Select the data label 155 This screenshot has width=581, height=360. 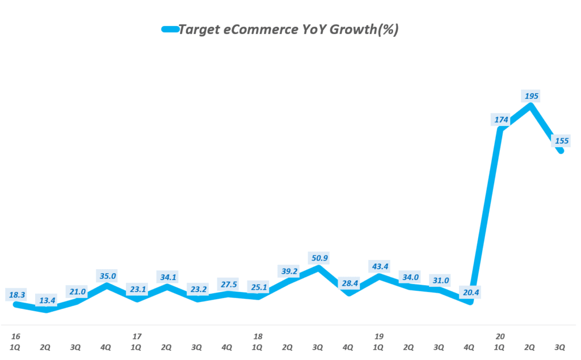coord(562,141)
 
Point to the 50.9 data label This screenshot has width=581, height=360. coord(318,258)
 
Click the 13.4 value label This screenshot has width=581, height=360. coord(46,300)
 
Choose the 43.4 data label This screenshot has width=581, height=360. coord(379,266)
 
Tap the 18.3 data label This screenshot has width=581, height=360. coord(16,295)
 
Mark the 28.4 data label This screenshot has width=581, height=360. coord(349,283)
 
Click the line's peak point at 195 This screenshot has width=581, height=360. coord(531,105)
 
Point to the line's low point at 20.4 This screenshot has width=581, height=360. coord(470,303)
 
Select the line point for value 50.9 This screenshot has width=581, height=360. coord(318,267)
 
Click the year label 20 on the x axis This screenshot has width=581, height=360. coord(500,336)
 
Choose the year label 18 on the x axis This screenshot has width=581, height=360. coord(258,336)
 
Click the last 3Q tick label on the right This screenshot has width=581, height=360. coord(561,346)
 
